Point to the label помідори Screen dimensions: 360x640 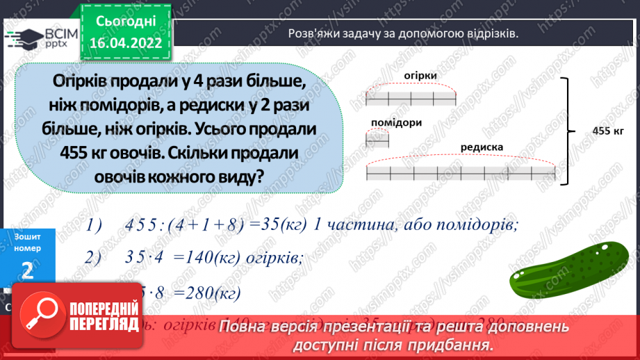[397, 122]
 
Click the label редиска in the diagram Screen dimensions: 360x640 [481, 147]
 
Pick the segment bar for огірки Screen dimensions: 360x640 [411, 98]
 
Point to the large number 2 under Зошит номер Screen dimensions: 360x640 [28, 270]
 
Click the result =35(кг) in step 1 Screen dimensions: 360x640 [270, 224]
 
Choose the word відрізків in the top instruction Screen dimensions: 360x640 [491, 33]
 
